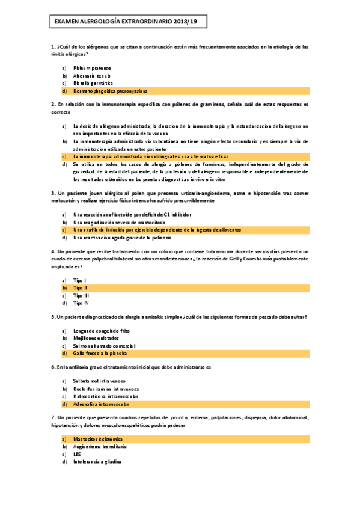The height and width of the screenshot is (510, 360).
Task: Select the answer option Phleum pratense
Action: coord(92,68)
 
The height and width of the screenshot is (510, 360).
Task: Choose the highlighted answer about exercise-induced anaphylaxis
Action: coord(157,230)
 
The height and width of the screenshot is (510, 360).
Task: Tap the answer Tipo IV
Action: coord(81,303)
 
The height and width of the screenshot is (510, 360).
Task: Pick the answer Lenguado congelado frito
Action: coord(101,331)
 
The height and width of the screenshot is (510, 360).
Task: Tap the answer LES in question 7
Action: coord(77,455)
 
